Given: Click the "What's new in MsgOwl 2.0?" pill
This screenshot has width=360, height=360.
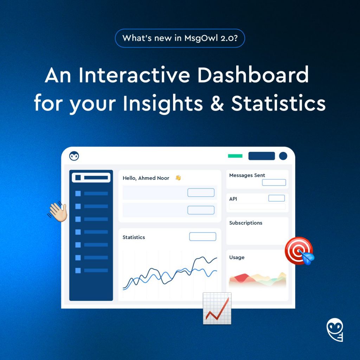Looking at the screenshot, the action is (x=180, y=38).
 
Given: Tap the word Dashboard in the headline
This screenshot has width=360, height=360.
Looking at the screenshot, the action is (x=253, y=75).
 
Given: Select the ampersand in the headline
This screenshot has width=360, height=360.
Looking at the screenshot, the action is (x=217, y=103).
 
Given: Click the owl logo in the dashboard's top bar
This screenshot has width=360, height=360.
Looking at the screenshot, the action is (x=74, y=156).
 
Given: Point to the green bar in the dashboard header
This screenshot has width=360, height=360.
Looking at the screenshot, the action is (x=235, y=156).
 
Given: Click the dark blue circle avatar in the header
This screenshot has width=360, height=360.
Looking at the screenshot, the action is (x=283, y=156).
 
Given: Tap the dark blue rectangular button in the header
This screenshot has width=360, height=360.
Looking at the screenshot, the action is (x=262, y=156).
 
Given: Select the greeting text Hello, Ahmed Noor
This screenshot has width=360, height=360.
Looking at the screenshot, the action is (x=146, y=178).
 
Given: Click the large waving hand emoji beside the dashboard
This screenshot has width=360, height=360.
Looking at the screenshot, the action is (x=57, y=211).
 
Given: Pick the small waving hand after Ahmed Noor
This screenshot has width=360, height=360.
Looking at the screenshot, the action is (x=178, y=178).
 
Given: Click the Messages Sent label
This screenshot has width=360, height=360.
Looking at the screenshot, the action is (x=247, y=175).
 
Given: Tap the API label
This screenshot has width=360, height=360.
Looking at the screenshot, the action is (x=233, y=199).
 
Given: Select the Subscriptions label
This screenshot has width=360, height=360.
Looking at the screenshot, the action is (x=246, y=223).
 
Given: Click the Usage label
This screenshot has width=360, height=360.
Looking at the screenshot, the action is (x=237, y=257).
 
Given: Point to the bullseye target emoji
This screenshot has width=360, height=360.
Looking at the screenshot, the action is (x=300, y=251).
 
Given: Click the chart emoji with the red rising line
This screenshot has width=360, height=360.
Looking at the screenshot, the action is (x=217, y=308).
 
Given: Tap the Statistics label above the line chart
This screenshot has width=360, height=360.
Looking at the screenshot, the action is (x=134, y=237).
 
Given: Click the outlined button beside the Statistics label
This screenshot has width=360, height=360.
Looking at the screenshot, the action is (x=202, y=237).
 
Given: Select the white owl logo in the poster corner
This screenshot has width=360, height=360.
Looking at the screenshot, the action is (x=335, y=330).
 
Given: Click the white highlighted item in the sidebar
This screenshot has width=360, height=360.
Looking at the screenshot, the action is (x=91, y=178).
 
